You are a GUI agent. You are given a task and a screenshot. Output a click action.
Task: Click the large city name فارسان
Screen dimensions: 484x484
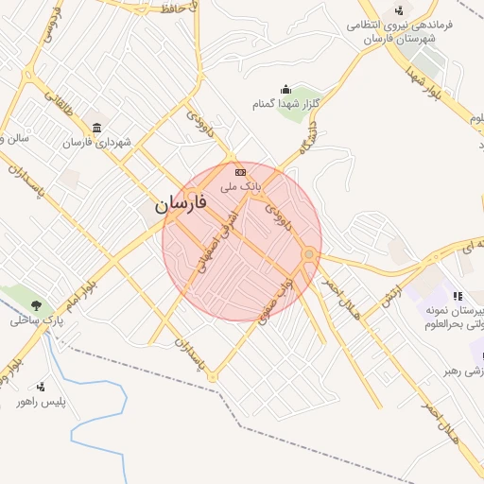tap(180, 204)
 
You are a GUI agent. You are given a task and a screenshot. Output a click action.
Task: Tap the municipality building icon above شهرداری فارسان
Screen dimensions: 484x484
tap(95, 128)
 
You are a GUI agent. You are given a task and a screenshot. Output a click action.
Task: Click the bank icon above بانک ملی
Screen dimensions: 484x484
tap(240, 172)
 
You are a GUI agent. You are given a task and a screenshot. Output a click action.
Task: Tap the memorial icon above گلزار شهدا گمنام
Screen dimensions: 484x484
tap(285, 90)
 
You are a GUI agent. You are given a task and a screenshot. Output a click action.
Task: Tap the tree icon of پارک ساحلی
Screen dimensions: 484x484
tap(36, 304)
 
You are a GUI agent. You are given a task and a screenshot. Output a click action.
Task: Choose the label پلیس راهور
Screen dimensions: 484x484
tap(39, 402)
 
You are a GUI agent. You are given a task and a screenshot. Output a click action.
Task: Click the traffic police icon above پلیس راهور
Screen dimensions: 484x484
tap(40, 387)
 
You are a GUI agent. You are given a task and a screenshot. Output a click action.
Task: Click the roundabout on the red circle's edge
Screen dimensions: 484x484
tap(308, 254)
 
